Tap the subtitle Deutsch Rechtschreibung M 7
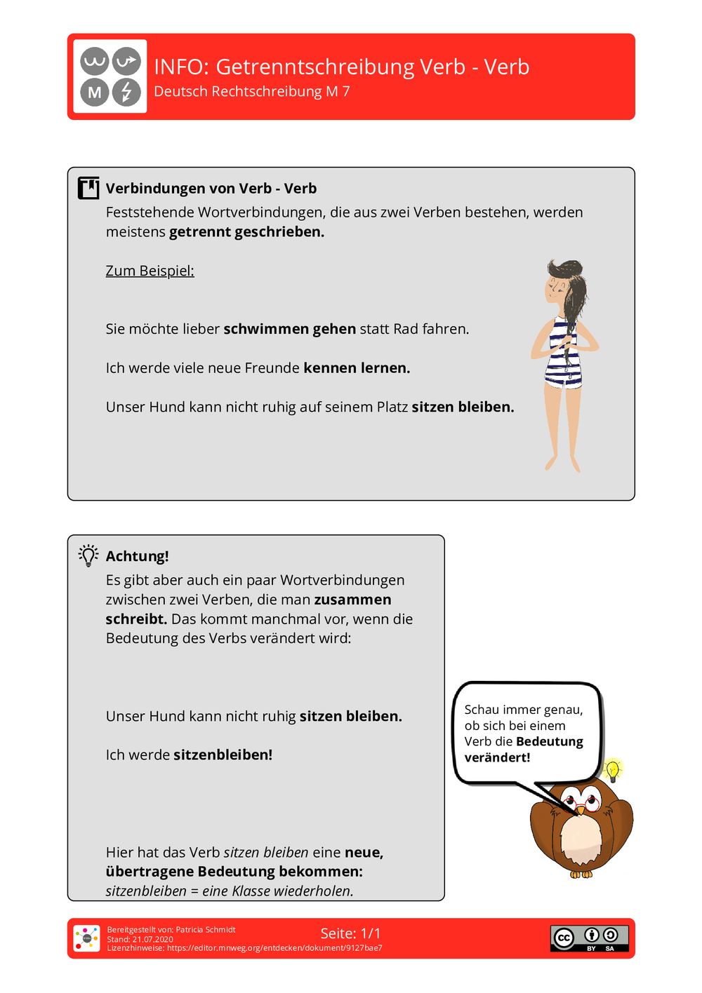pos(251,92)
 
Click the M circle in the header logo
pos(95,92)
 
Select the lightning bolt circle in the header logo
pos(127,92)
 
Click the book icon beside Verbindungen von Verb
pos(88,188)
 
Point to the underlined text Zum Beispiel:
pos(150,271)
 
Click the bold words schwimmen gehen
pos(289,329)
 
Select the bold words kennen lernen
pos(357,368)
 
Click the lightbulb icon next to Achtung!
pos(88,555)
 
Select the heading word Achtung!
pos(137,556)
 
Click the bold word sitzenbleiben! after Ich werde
pos(223,755)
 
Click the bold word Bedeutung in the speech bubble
pos(549,741)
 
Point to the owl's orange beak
pos(581,811)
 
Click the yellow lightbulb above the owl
pos(613,770)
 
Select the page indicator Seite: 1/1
pos(350,933)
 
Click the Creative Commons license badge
pos(589,938)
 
